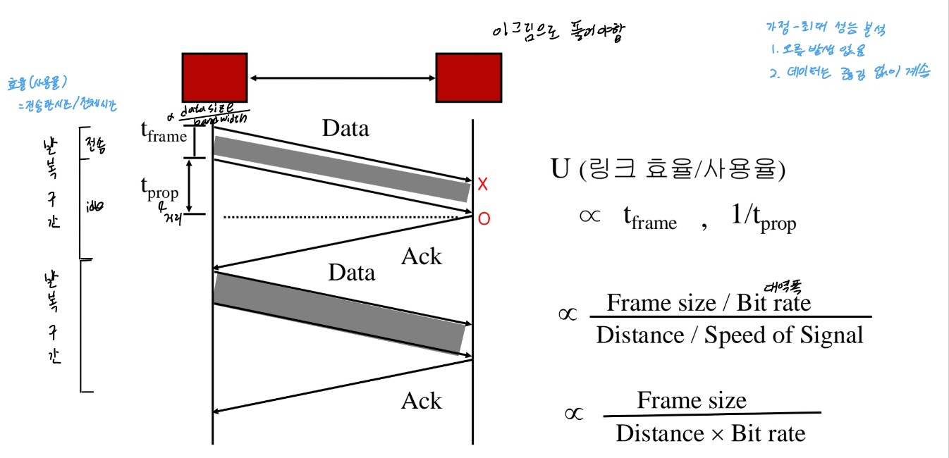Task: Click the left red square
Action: coord(214,78)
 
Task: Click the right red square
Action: coord(468,78)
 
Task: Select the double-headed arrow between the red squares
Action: coord(341,78)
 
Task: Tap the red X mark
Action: coord(483,185)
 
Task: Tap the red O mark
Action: coord(484,219)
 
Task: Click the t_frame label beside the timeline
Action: coord(164,132)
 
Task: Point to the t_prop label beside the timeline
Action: coord(159,189)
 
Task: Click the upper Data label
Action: coord(345,128)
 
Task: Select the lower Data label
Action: coord(351,272)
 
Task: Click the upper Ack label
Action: coord(421,256)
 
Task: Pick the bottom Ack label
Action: coord(421,401)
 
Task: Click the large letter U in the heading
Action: coord(559,169)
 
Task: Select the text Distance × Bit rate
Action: coord(710,433)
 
